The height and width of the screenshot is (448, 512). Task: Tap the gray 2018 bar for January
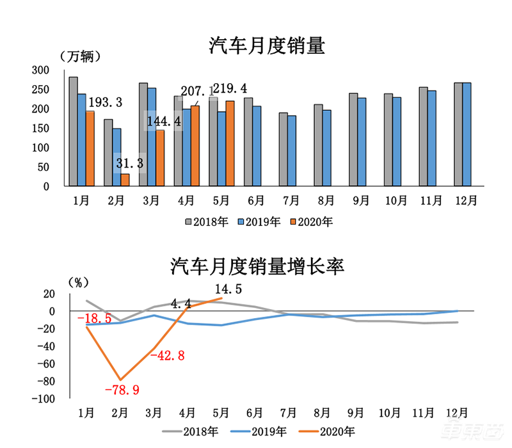[x=74, y=131]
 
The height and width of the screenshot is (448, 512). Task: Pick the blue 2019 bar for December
[x=467, y=134]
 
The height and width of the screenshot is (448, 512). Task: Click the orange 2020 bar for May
[x=230, y=143]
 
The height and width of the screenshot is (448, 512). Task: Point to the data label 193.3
[x=105, y=102]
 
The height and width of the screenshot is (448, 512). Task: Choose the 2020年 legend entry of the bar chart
[x=312, y=221]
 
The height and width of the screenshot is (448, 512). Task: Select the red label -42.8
[x=168, y=356]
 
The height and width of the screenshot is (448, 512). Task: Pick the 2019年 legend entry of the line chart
[x=259, y=431]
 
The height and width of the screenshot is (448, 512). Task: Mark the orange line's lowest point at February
[x=120, y=380]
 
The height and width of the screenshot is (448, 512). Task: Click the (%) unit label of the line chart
[x=78, y=282]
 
